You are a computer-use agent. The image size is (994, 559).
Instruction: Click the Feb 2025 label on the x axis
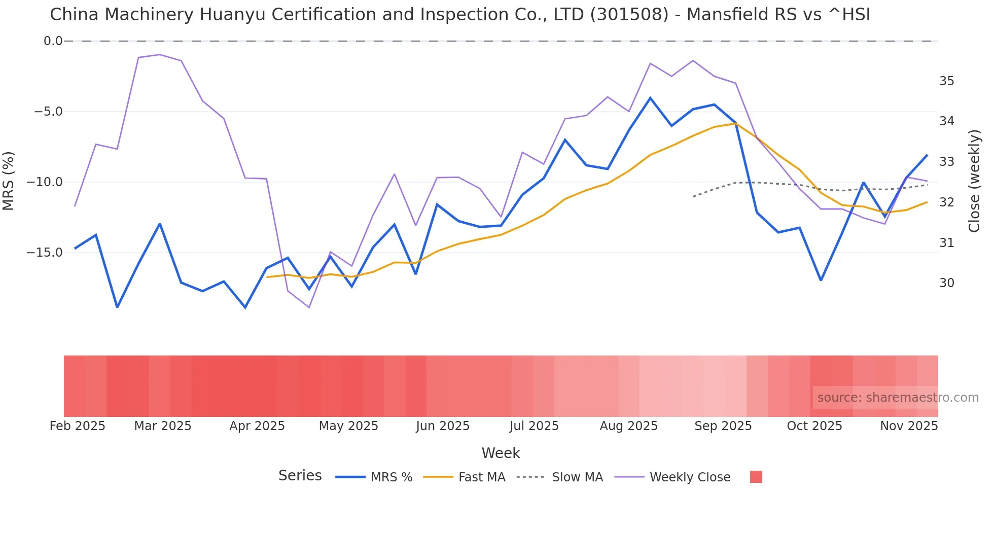tap(77, 426)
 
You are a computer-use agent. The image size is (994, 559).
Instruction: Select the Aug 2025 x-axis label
tap(628, 426)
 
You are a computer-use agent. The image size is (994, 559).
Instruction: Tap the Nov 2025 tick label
tap(909, 426)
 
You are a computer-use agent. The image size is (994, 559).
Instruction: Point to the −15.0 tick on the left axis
tap(48, 253)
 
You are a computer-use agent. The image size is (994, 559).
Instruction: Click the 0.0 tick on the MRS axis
tap(53, 41)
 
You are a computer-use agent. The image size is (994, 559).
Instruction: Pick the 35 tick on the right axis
tap(946, 81)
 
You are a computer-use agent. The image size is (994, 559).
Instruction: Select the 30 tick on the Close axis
tap(946, 283)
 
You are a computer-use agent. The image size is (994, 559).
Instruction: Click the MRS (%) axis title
tap(9, 181)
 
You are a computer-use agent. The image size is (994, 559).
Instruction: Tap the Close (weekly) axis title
tap(974, 181)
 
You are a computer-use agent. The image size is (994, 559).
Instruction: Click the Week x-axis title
tap(501, 453)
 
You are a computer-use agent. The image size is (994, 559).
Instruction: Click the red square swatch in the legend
tap(756, 477)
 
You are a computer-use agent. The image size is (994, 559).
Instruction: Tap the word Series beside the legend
tap(300, 476)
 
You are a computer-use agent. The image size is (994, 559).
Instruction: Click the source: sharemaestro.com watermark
tap(898, 398)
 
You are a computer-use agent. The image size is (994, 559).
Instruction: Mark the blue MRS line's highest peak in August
tap(650, 98)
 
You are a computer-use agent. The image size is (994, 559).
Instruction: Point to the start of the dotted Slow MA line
tap(693, 196)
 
